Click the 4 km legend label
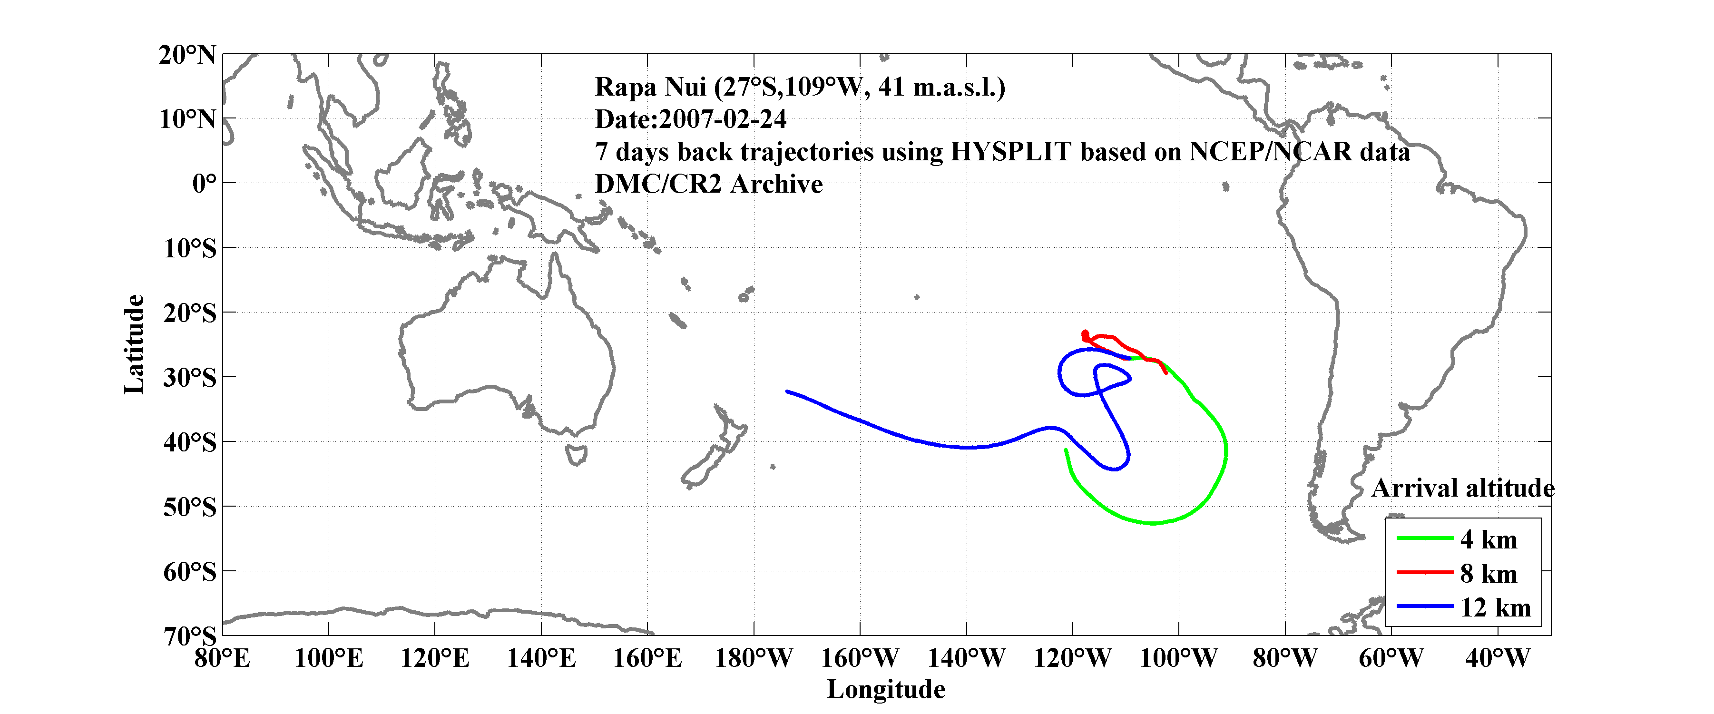1489,539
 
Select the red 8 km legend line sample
1425,572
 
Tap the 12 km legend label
1495,607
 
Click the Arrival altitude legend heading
1462,489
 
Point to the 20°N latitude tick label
187,55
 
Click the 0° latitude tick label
204,183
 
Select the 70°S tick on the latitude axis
190,636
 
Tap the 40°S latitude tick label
190,442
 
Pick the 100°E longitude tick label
329,659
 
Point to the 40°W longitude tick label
1497,659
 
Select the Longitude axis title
886,689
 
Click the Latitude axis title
134,344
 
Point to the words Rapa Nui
650,87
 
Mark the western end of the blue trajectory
787,391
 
